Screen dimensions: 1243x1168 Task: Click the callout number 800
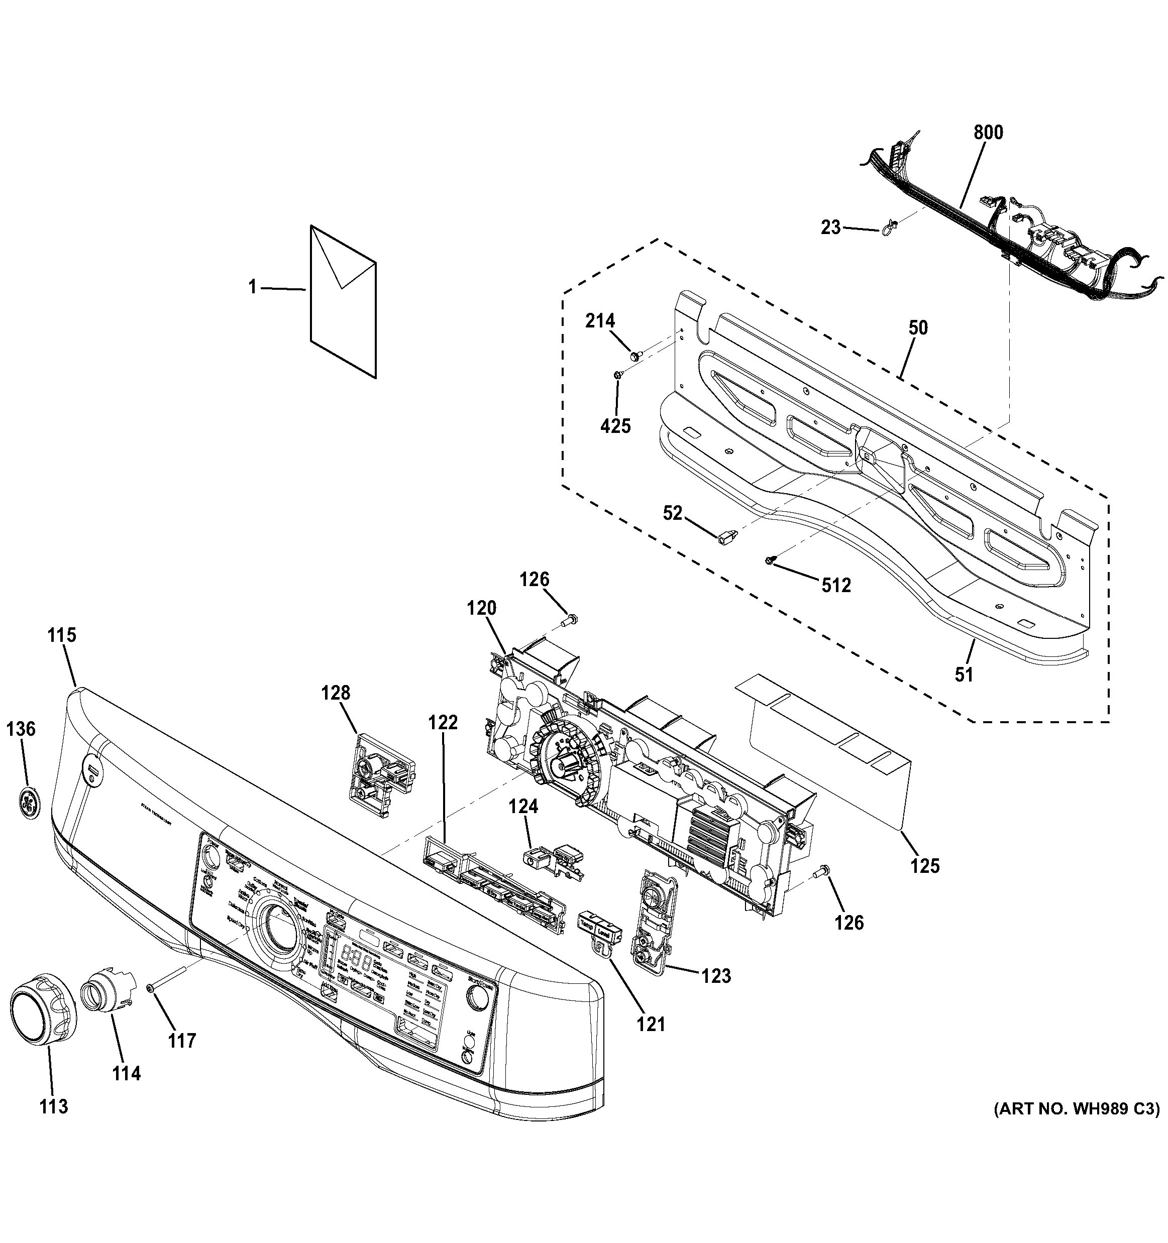988,133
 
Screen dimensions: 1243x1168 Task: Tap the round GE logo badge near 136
28,802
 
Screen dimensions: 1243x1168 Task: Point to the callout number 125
925,866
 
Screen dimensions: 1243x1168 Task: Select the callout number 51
964,674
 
